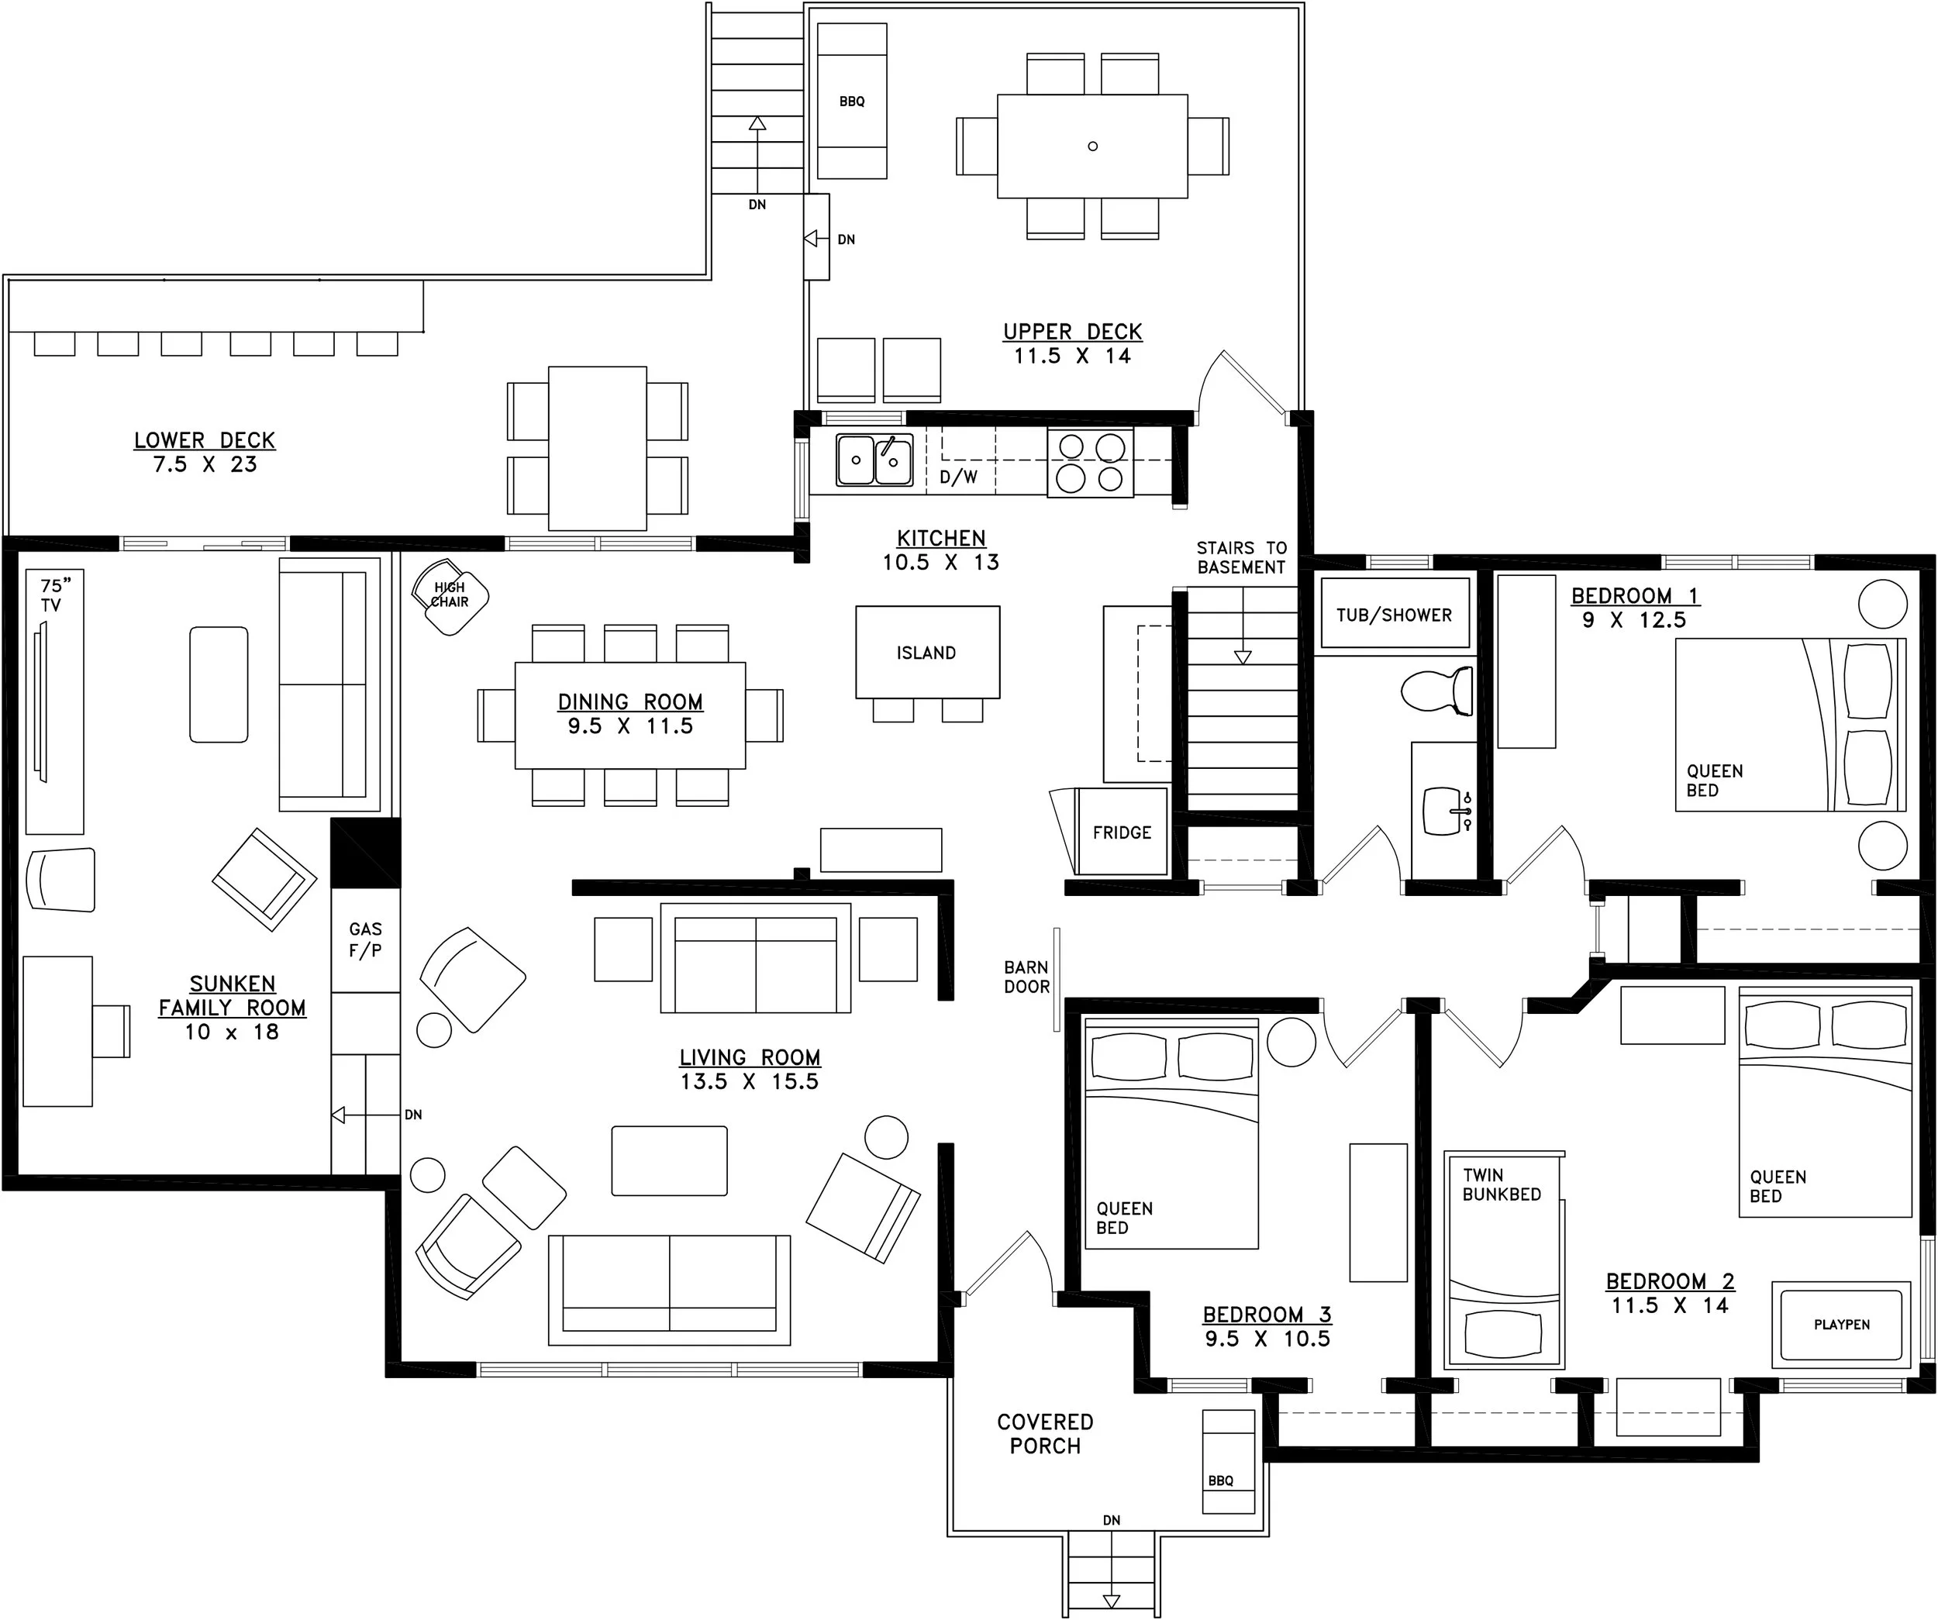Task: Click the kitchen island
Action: click(x=927, y=652)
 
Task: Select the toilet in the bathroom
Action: click(x=1437, y=690)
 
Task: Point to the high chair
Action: click(x=450, y=596)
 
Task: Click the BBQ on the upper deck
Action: click(x=852, y=101)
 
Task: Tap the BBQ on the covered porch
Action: click(x=1229, y=1461)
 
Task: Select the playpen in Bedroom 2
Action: click(x=1841, y=1325)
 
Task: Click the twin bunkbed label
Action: click(x=1502, y=1184)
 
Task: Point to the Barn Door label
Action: click(x=1026, y=977)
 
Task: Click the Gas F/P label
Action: click(x=365, y=940)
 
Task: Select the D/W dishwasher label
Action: click(x=959, y=477)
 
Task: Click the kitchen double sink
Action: click(x=874, y=459)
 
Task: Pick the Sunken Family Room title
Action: click(x=233, y=995)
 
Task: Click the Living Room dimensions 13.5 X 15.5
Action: click(x=750, y=1081)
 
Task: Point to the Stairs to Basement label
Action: click(x=1241, y=558)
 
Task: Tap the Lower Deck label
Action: click(x=205, y=440)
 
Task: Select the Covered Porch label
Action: click(x=1046, y=1434)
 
